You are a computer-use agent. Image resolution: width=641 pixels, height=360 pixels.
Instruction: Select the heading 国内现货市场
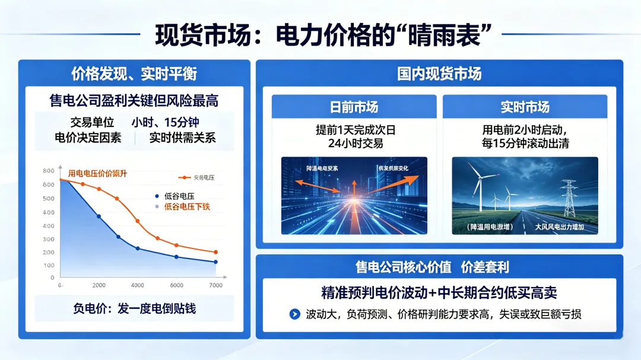tap(439, 73)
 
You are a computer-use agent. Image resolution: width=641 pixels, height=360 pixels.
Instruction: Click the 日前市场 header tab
tap(354, 107)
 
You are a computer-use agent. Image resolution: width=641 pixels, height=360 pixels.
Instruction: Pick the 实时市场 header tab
tap(525, 107)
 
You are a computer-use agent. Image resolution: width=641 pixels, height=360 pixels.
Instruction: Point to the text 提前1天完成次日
tap(355, 130)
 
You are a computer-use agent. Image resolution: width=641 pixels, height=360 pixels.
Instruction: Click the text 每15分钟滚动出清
tap(525, 143)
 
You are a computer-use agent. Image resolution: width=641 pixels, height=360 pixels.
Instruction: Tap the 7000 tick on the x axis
tap(215, 285)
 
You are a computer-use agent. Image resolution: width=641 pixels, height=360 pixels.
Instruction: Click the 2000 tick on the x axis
tap(99, 285)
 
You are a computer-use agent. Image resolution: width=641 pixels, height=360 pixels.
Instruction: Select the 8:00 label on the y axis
tap(49, 171)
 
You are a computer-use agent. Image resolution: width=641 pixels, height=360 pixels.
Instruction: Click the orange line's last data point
tap(215, 252)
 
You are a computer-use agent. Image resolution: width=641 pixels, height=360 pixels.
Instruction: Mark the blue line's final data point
tap(215, 262)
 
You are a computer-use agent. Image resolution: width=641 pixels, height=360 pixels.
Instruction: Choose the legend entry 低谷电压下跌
tap(186, 206)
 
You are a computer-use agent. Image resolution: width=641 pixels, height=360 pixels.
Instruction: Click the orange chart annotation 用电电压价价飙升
tap(97, 173)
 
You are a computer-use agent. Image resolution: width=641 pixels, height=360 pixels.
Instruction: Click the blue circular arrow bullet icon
tap(294, 314)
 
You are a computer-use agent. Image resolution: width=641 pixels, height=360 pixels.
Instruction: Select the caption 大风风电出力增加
tap(560, 227)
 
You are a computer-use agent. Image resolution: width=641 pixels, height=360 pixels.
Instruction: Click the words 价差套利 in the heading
tap(485, 267)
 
